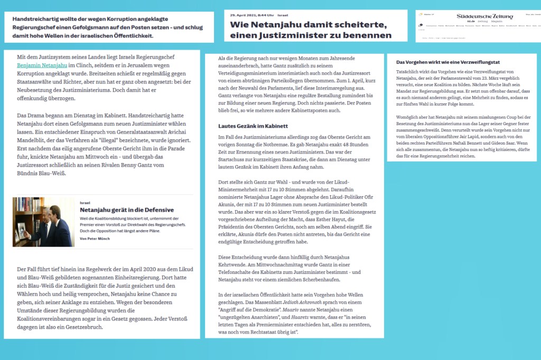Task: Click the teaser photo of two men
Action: [44, 222]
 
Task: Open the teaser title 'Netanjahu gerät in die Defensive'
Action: [119, 210]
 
